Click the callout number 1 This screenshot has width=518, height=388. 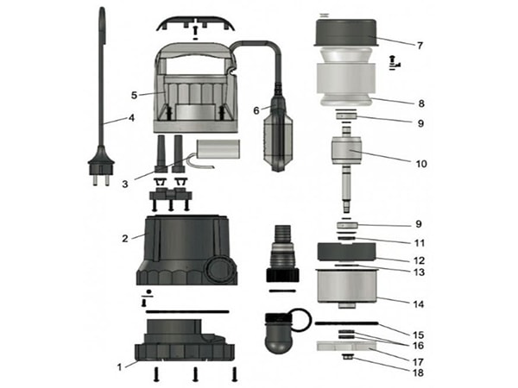(x=120, y=367)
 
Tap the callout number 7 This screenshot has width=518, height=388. (x=420, y=44)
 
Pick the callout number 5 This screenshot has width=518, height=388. (x=134, y=96)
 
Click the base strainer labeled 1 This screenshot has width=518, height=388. (x=185, y=344)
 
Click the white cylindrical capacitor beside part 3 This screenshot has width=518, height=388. (x=212, y=154)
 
